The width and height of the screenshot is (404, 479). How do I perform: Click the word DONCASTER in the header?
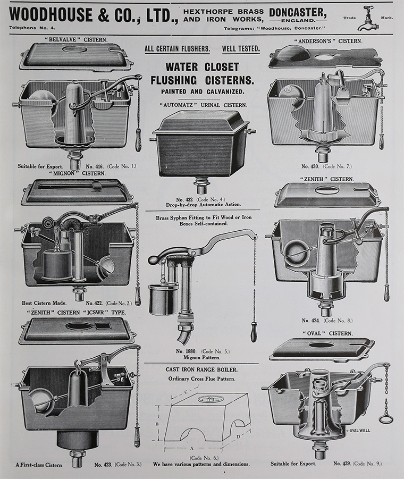[297, 11]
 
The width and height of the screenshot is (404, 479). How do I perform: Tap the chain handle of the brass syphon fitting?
[254, 334]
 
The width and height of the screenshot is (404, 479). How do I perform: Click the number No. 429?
[343, 464]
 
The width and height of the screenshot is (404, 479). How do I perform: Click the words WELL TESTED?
[241, 49]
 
